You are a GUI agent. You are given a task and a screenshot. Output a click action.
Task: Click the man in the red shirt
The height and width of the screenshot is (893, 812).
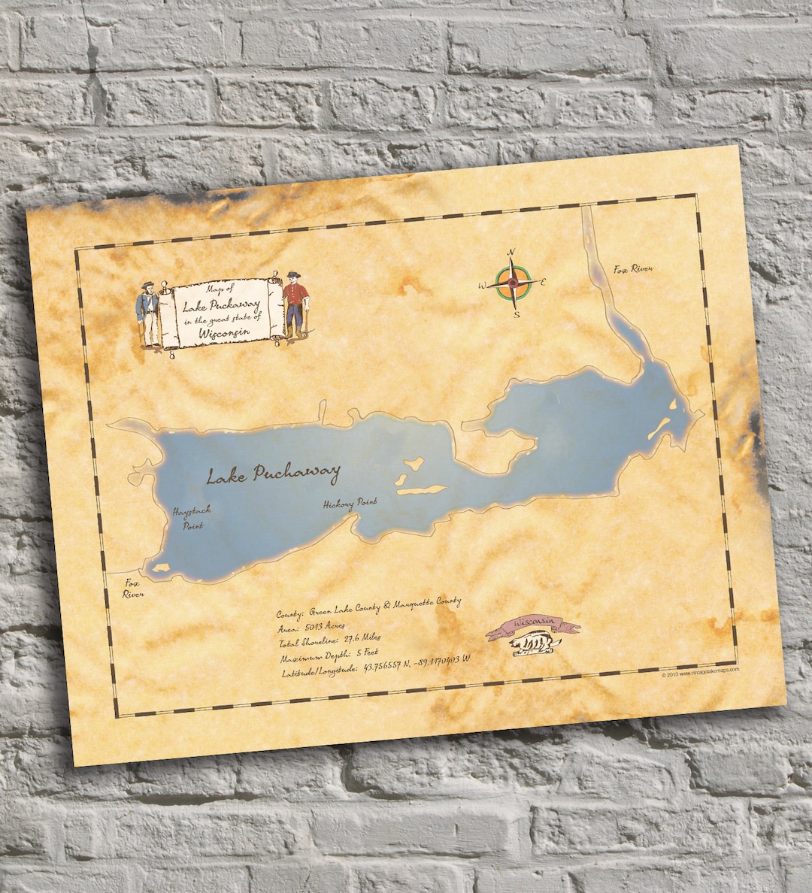295,305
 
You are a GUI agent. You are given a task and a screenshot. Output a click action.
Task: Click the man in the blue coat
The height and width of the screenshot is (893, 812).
149,313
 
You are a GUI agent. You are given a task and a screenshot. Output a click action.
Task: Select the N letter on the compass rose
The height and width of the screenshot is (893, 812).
511,252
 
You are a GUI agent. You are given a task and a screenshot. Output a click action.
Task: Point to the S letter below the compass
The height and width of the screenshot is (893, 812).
517,315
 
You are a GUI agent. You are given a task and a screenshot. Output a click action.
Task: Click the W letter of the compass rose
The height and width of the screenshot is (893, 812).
483,285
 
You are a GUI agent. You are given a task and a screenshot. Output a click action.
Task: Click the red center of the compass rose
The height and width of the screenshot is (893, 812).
514,283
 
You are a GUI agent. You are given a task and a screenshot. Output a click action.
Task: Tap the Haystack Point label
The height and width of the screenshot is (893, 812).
192,517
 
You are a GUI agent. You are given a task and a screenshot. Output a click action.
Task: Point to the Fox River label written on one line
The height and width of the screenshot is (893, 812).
632,269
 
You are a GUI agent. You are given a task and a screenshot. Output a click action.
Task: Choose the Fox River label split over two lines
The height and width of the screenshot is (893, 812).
133,588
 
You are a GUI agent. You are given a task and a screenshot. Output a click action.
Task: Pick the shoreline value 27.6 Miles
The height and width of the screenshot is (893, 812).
362,638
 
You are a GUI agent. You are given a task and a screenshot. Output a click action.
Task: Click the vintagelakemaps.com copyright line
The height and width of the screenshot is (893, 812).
700,671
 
